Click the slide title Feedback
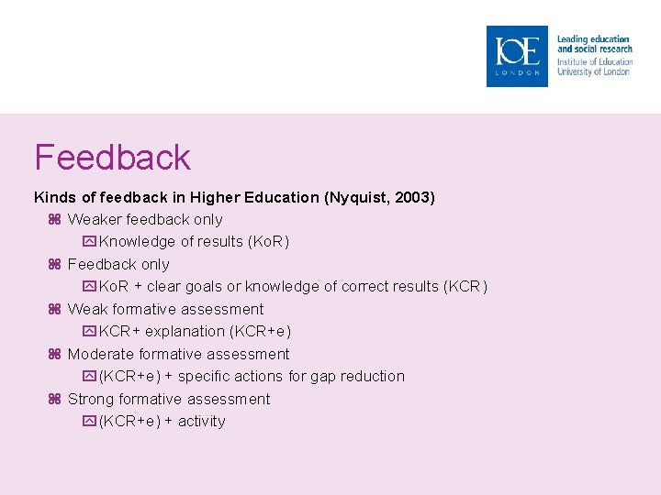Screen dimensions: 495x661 [112, 158]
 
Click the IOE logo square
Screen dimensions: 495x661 [517, 57]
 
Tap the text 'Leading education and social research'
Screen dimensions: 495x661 [594, 44]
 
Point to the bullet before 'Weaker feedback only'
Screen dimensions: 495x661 [53, 220]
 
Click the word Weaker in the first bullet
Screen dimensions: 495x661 [94, 220]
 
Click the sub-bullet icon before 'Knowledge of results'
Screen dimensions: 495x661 [89, 242]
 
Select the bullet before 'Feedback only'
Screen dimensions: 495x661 [53, 265]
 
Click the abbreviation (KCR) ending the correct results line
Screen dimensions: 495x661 [465, 287]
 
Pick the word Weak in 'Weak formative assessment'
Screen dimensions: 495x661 [88, 310]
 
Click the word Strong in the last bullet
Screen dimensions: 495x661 [90, 400]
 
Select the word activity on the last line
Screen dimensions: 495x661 [202, 422]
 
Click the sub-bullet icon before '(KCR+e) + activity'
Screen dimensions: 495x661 [89, 422]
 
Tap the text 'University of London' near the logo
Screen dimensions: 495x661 [594, 71]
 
